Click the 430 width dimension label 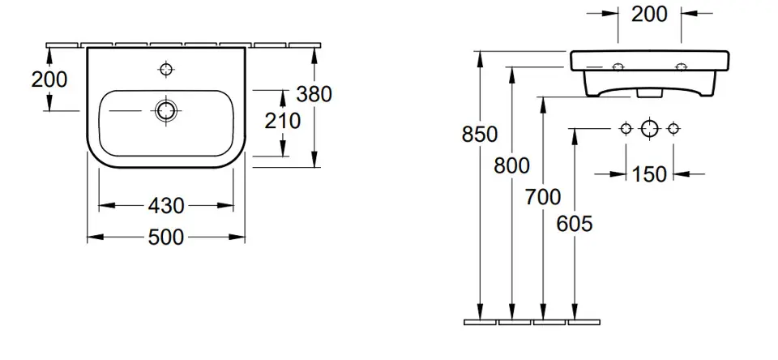click(x=165, y=206)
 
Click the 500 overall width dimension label click(x=165, y=238)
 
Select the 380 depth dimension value click(x=314, y=94)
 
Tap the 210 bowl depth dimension click(x=282, y=121)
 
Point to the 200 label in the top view click(x=49, y=79)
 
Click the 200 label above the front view click(x=649, y=15)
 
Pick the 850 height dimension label click(x=479, y=134)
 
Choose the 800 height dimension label click(x=511, y=165)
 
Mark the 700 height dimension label click(x=543, y=197)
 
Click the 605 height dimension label click(x=575, y=224)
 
